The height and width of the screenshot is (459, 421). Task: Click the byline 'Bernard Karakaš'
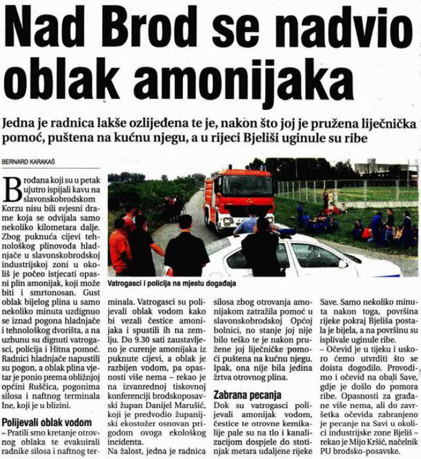point(28,161)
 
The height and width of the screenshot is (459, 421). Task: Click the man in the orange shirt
point(120,246)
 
